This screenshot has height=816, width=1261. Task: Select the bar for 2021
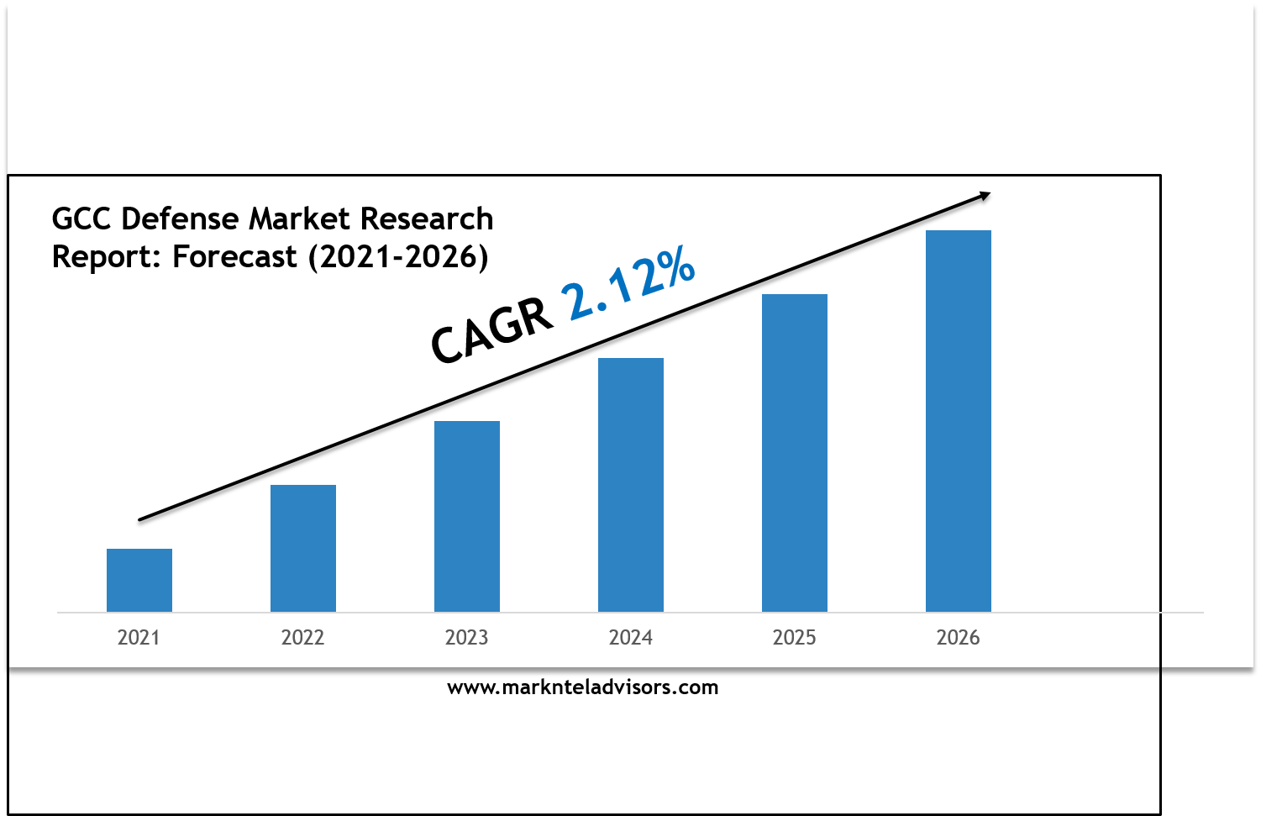(x=139, y=580)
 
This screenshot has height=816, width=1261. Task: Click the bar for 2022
(x=303, y=549)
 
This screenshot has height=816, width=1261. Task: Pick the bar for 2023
(x=467, y=516)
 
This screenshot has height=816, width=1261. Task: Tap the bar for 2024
(x=630, y=485)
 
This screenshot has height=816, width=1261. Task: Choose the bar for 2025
(x=794, y=453)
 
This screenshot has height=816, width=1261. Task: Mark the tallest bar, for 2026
(x=958, y=421)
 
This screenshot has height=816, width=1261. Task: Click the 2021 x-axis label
(x=139, y=638)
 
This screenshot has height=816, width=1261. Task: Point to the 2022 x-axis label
(x=303, y=638)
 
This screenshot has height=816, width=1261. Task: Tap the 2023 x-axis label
(x=467, y=638)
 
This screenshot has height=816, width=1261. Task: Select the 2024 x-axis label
(x=630, y=638)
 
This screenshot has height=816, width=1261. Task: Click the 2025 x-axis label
(x=794, y=638)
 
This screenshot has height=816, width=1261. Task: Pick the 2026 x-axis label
(x=958, y=638)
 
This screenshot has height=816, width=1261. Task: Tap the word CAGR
(x=491, y=331)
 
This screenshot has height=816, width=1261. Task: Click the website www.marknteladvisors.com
(x=583, y=687)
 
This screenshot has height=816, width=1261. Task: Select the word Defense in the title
(x=180, y=218)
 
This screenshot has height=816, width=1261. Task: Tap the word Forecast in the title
(x=234, y=256)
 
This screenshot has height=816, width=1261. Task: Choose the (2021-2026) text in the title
(x=398, y=257)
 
